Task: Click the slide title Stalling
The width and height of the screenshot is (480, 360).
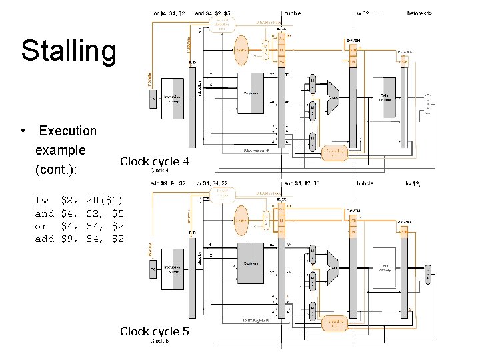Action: coord(68,51)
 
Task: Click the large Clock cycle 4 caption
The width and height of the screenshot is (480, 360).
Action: coord(154,161)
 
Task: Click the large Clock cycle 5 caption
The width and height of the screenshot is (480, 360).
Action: coord(154,331)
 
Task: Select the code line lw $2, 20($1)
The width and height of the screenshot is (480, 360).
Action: coord(79,199)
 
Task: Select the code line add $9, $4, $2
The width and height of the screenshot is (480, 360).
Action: coord(79,238)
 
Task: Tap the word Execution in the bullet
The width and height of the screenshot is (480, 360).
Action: coord(67,131)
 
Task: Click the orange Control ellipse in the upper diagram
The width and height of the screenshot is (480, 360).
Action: coord(241,49)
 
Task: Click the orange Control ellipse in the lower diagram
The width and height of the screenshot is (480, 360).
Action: coord(241,219)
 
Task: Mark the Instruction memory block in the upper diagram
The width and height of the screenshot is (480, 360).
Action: coord(172,97)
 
